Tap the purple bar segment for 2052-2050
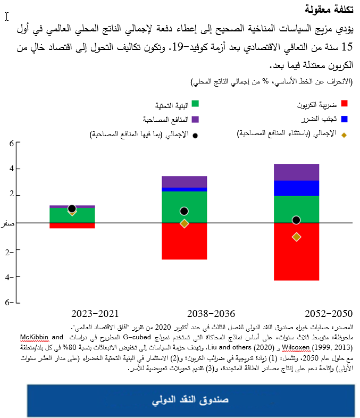point(296,172)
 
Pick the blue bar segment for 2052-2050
point(296,188)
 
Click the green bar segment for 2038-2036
point(184,207)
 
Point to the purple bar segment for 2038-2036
point(184,182)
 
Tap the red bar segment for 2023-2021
point(72,225)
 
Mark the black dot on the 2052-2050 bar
point(296,220)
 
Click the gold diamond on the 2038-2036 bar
point(184,223)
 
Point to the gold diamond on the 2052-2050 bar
point(296,237)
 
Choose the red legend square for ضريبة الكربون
point(344,104)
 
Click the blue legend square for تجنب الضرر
point(344,119)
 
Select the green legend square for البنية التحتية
point(195,104)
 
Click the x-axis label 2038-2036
point(212,314)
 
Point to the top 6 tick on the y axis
point(11,143)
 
